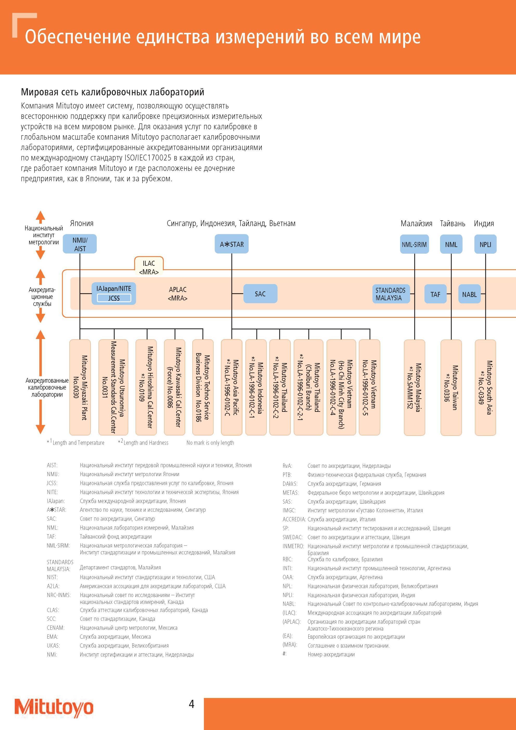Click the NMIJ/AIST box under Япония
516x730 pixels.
pyautogui.click(x=80, y=244)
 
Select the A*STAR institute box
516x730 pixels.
pyautogui.click(x=232, y=244)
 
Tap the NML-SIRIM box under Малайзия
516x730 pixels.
pyautogui.click(x=414, y=244)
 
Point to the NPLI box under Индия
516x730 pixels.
pyautogui.click(x=485, y=244)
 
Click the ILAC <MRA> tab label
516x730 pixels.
pyautogui.click(x=149, y=267)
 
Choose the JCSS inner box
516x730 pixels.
pyautogui.click(x=114, y=298)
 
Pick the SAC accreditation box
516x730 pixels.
pyautogui.click(x=260, y=293)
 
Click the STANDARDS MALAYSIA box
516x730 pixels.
pyautogui.click(x=391, y=294)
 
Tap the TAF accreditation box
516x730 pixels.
pyautogui.click(x=436, y=294)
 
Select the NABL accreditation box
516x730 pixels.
pyautogui.click(x=469, y=294)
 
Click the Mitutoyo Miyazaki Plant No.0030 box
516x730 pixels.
pyautogui.click(x=80, y=387)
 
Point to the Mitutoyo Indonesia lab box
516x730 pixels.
pyautogui.click(x=256, y=387)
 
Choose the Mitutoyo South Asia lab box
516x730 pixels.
pyautogui.click(x=485, y=387)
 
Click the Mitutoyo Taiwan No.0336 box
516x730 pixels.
pyautogui.click(x=451, y=387)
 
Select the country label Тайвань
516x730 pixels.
pyautogui.click(x=453, y=223)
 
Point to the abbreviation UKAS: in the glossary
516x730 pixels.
pyautogui.click(x=53, y=646)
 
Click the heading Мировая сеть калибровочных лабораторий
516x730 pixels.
pyautogui.click(x=113, y=92)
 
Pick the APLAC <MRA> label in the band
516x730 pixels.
pyautogui.click(x=178, y=294)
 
